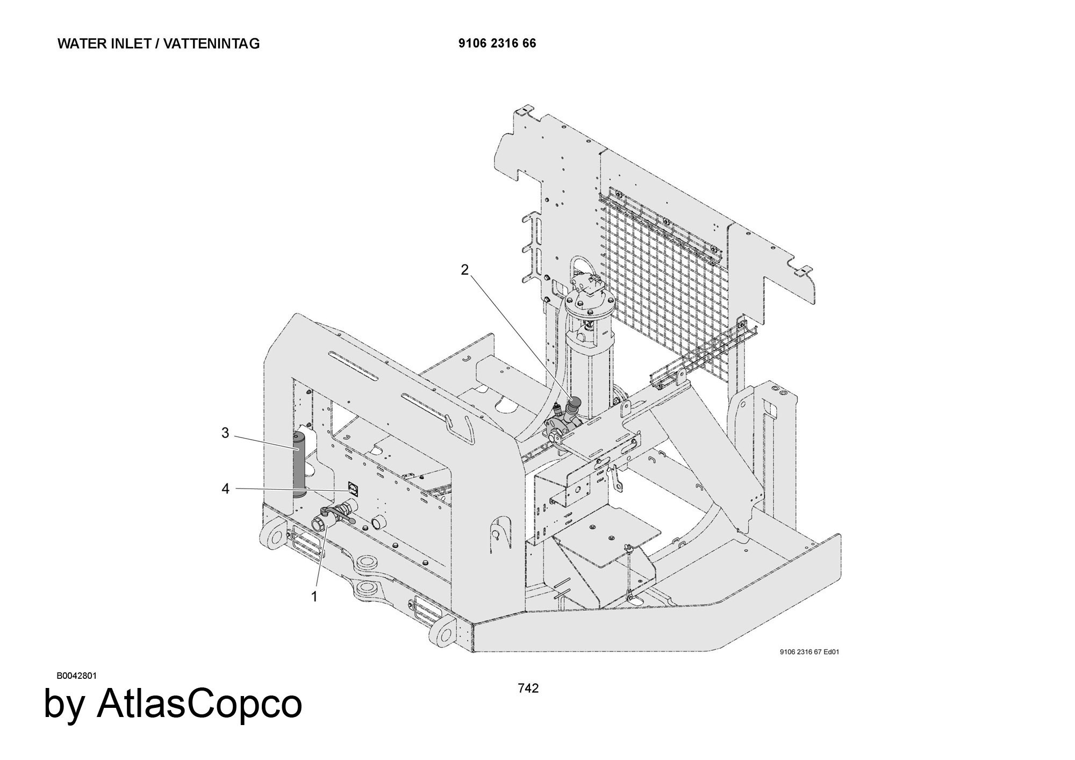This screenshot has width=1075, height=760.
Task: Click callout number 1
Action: (x=314, y=597)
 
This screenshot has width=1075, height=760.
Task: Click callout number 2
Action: (x=465, y=270)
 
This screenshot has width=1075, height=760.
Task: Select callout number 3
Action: (x=225, y=433)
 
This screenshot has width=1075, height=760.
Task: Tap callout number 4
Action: (x=225, y=489)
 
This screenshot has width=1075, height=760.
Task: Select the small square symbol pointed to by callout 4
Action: (x=353, y=488)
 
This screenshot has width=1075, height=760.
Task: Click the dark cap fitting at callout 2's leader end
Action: (x=574, y=403)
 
